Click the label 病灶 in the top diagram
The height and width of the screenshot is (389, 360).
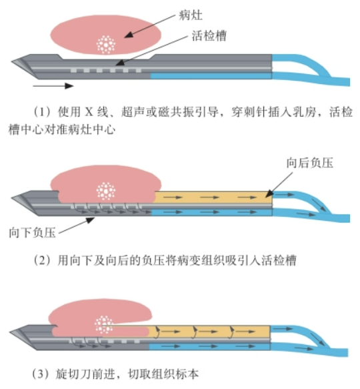tap(191, 15)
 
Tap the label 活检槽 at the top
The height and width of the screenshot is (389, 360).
tap(209, 36)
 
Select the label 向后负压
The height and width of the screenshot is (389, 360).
tap(310, 163)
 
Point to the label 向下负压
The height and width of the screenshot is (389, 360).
tap(32, 233)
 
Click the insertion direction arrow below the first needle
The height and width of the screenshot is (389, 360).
tap(53, 86)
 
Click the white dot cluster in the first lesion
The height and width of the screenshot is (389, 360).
tap(106, 45)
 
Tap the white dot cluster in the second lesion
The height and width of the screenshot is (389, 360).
tap(106, 191)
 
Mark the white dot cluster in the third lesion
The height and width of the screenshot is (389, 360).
tap(104, 324)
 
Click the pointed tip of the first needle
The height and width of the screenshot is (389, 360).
tap(11, 61)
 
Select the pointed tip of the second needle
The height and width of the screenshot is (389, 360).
tap(11, 198)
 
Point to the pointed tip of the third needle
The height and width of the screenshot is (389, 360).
tap(10, 332)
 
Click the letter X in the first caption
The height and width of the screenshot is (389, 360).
tap(89, 112)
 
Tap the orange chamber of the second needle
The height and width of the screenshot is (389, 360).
tap(213, 198)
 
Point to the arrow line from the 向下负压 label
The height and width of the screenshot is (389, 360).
tap(77, 226)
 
